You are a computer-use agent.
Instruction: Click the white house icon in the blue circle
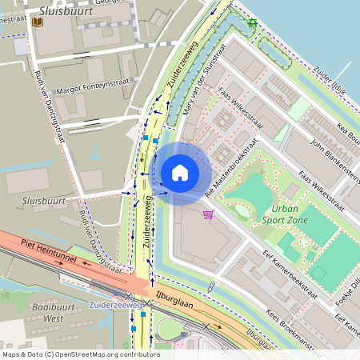[180, 172]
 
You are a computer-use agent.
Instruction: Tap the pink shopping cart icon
[209, 214]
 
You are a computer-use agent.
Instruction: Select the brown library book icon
[37, 22]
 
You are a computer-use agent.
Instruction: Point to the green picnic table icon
[253, 22]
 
